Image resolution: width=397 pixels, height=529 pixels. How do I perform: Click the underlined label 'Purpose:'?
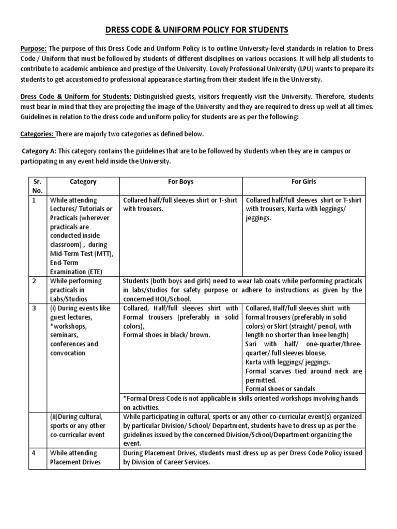[x=33, y=48]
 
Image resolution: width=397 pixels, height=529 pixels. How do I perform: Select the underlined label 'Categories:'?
[x=37, y=134]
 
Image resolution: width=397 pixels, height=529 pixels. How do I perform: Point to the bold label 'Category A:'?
[x=39, y=151]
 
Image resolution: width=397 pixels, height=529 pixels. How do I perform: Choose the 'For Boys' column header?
[x=180, y=182]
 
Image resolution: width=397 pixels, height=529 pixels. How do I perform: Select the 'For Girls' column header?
[x=304, y=182]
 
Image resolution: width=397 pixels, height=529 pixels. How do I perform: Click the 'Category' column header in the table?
[x=83, y=182]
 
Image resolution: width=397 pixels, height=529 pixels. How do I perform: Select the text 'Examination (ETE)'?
[x=77, y=272]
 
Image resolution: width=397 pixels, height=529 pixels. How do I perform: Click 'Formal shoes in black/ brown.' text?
[x=166, y=335]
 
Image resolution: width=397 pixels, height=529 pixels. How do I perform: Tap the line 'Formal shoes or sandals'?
[x=280, y=388]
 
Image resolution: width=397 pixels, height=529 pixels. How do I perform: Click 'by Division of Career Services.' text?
[x=166, y=462]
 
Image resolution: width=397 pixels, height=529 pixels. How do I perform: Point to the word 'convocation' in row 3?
[x=68, y=353]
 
